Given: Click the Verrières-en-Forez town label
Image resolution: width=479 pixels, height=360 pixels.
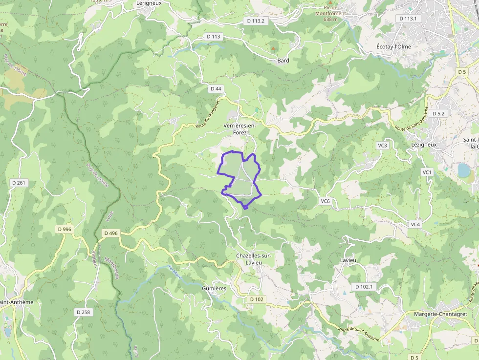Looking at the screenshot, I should pyautogui.click(x=240, y=128).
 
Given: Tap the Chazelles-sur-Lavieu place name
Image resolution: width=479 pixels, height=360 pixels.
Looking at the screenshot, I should pyautogui.click(x=253, y=259).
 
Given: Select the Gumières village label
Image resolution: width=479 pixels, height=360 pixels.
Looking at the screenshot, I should pyautogui.click(x=214, y=289).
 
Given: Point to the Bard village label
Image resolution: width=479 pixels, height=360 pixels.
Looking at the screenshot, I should pyautogui.click(x=283, y=61).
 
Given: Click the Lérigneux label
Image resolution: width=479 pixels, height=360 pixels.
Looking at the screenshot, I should pyautogui.click(x=149, y=3).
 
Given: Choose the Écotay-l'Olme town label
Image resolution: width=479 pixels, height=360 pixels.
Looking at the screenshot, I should pyautogui.click(x=393, y=46).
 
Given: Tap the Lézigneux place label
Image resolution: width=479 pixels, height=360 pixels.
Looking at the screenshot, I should pyautogui.click(x=424, y=145).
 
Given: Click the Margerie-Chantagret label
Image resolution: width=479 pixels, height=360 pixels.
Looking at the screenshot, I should pyautogui.click(x=440, y=314).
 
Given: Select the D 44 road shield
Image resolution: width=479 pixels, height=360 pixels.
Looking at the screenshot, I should pyautogui.click(x=216, y=89).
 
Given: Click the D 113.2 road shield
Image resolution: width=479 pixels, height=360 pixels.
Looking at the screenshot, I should pyautogui.click(x=256, y=21).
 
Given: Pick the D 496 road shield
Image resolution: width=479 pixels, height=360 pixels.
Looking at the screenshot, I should pyautogui.click(x=111, y=233).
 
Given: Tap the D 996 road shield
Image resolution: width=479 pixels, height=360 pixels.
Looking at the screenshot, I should pyautogui.click(x=64, y=229).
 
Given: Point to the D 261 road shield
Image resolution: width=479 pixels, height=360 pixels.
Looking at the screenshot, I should pyautogui.click(x=18, y=182).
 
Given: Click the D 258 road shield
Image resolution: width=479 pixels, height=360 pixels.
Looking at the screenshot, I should pyautogui.click(x=84, y=312).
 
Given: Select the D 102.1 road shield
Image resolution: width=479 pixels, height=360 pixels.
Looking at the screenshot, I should pyautogui.click(x=364, y=287).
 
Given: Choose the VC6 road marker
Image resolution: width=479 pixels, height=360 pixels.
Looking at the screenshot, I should pyautogui.click(x=326, y=201).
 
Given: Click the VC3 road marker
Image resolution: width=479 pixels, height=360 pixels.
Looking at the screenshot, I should pyautogui.click(x=382, y=146).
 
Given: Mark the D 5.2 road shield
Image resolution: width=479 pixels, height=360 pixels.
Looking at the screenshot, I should pyautogui.click(x=438, y=113).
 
